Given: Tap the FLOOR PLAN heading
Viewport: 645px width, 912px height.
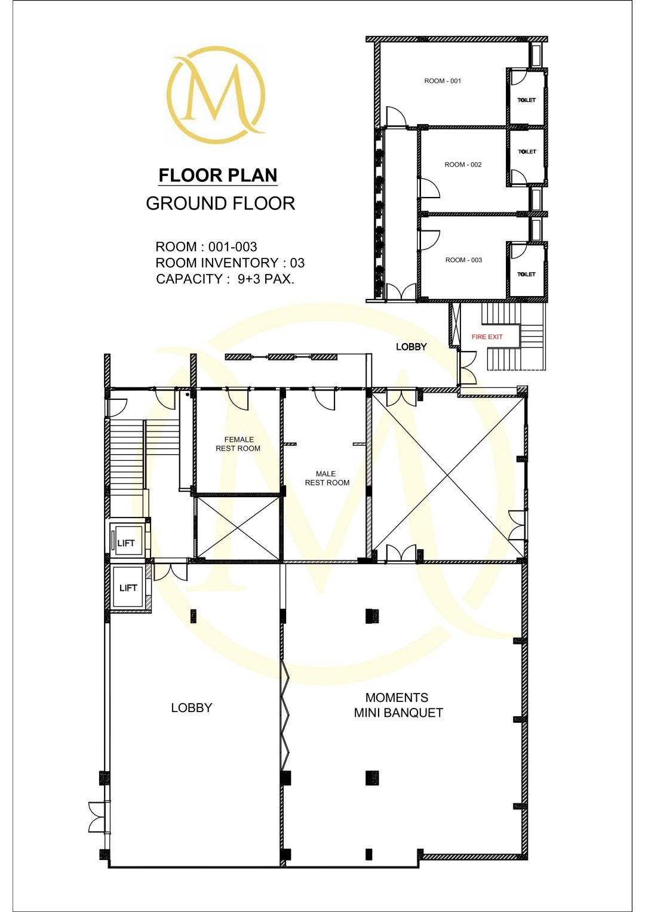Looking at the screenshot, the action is (x=218, y=175).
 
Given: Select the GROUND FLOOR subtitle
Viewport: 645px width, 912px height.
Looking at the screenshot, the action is (x=220, y=204).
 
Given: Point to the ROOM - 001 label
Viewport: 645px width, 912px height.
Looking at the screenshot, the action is (x=443, y=81).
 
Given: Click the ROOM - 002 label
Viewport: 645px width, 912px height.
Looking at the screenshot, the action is (x=463, y=165).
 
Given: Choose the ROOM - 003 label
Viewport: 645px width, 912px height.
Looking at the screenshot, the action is (x=463, y=260).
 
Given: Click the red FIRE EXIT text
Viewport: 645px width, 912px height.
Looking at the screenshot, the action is (x=487, y=337).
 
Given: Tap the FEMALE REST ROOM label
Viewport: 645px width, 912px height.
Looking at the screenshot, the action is (x=238, y=444).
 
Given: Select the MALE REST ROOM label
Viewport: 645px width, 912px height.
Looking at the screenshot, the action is (x=327, y=478).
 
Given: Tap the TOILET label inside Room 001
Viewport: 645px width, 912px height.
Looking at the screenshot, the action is (x=526, y=100).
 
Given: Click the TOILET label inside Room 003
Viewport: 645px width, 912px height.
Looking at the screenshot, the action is (x=526, y=275).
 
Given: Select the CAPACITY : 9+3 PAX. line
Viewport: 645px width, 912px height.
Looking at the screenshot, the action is (x=225, y=279).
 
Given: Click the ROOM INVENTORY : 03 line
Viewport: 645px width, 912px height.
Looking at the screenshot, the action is (x=230, y=263).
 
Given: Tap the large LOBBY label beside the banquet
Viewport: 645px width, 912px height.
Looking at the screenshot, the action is (x=192, y=708).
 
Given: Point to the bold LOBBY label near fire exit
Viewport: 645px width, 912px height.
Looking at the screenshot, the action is (x=411, y=347).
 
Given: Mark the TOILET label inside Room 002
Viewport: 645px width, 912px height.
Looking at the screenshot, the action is (x=527, y=152).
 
